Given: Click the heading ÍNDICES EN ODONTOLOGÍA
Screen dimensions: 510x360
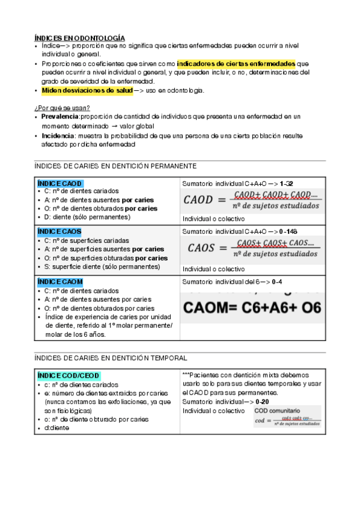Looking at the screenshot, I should point(79,37).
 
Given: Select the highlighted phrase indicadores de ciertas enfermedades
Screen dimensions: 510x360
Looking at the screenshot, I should point(236,63).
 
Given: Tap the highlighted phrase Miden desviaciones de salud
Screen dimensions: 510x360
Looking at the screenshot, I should point(87,90).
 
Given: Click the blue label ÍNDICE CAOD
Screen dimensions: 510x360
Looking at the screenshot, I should point(60,183).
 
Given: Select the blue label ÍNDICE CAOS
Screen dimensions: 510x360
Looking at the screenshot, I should point(59,231).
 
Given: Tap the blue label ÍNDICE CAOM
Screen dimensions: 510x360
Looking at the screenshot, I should point(60,281).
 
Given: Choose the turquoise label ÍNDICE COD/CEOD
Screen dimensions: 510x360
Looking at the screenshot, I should point(69,376).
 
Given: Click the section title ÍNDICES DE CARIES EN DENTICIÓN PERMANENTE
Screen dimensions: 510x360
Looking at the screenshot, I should point(116,165).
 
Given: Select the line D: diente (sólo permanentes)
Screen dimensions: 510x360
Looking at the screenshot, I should point(88,217).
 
